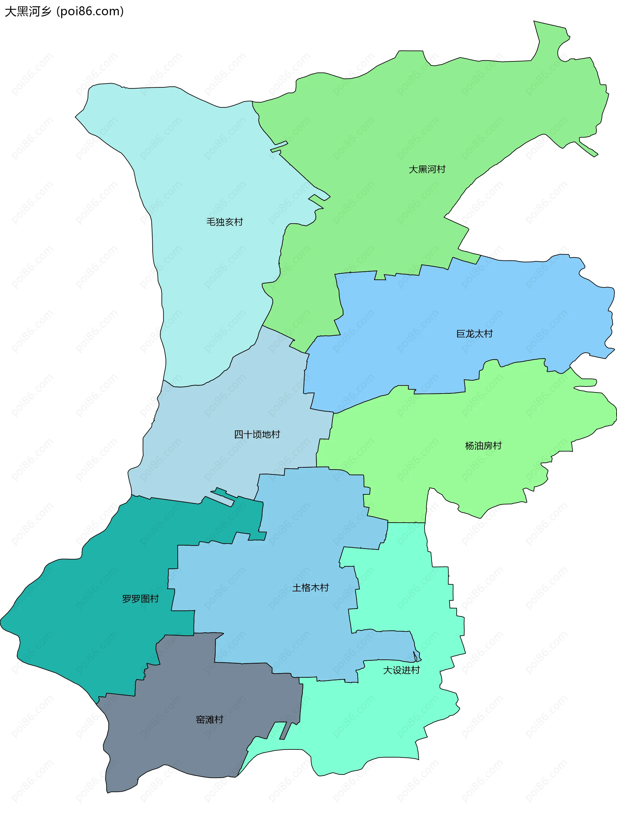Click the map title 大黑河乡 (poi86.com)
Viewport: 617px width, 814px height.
coord(64,12)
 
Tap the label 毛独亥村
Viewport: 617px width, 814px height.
coord(225,222)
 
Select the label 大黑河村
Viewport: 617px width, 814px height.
coord(427,169)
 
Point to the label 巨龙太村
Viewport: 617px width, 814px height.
coord(474,334)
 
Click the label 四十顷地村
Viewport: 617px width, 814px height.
coord(257,435)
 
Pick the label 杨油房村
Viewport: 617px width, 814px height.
coord(483,446)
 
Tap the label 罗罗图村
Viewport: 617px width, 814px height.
coord(140,599)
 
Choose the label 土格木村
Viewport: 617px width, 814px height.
coord(310,588)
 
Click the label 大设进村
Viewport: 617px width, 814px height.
coord(401,670)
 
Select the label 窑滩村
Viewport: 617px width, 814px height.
coord(210,720)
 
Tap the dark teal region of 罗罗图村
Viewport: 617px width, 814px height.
coord(92,625)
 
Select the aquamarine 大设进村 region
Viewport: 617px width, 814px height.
coord(368,729)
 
